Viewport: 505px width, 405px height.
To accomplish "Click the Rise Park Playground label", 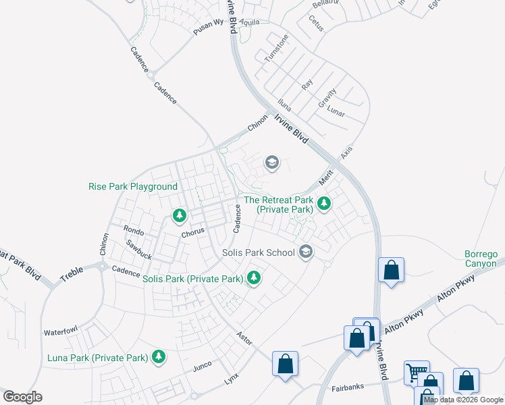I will coord(133,186).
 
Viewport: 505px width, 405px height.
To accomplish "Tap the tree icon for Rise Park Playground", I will coord(179,216).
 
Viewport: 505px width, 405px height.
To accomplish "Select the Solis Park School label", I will coord(259,252).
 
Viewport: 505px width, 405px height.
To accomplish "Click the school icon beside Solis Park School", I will coord(305,252).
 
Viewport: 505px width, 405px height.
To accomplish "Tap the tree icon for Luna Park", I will coord(159,356).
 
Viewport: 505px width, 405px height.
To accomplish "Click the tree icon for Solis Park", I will coord(254,277).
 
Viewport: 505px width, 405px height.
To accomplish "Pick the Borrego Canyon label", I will coord(481,259).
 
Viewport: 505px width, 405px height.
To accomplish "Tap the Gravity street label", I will coord(327,99).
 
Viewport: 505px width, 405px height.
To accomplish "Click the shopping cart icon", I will coord(416,372).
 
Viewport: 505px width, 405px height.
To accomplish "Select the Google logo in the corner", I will coord(22,397).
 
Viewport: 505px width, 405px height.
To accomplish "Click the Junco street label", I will coord(203,366).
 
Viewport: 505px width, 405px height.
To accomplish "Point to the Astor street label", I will coord(244,337).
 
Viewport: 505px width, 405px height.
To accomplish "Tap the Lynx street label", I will coord(232,381).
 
